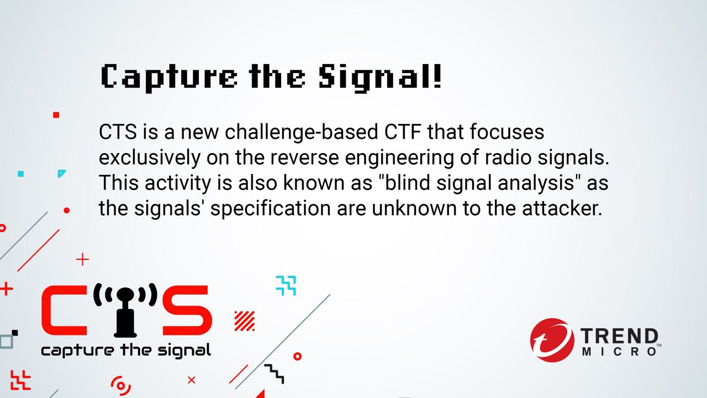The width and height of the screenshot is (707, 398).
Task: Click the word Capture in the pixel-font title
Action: coord(169,77)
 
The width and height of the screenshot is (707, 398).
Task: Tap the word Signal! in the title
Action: coord(380,77)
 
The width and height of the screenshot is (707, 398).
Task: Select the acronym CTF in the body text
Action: coord(403,132)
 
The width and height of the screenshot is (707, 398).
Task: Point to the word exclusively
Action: coord(150,158)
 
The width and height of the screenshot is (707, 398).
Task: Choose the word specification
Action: coord(271,209)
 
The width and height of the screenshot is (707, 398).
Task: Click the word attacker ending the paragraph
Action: coord(562,208)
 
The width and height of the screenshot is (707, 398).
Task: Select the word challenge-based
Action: coord(301,132)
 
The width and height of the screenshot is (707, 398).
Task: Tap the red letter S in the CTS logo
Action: coord(187,310)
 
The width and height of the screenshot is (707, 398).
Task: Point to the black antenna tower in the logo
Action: coord(125,312)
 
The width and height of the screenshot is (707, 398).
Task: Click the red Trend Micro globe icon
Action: coord(552,340)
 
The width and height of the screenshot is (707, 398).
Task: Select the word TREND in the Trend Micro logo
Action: coord(619,336)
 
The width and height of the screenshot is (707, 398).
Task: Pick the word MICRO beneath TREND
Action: coord(619,352)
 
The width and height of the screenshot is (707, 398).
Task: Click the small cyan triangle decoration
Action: coord(61,173)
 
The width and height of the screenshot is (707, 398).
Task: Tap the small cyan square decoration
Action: coord(21,174)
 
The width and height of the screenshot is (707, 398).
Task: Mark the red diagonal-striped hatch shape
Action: coord(244,321)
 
